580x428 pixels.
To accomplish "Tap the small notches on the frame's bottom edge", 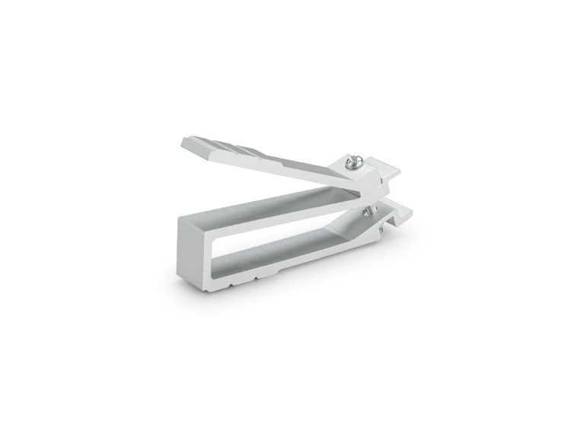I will click(263, 275).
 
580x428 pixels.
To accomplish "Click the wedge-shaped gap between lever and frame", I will click(251, 179).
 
